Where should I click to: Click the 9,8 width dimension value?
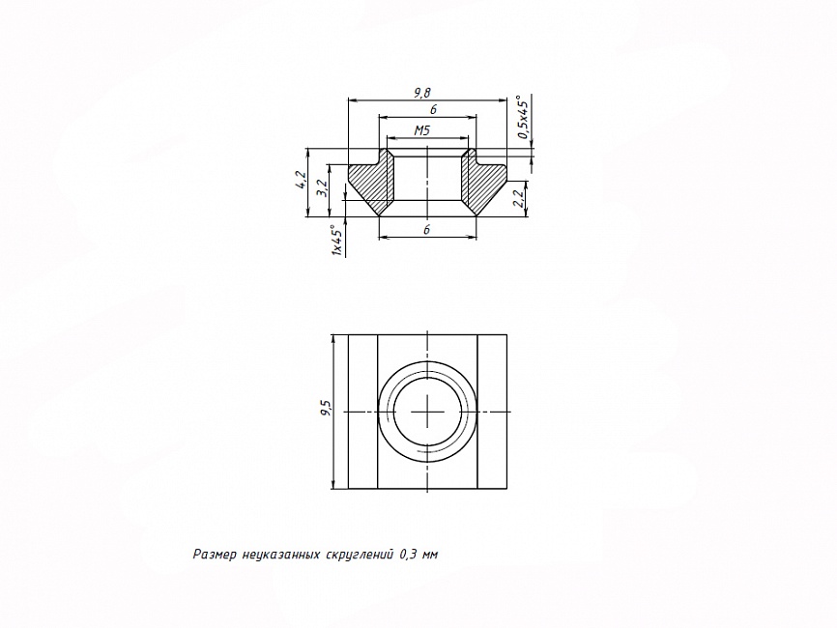point(421,93)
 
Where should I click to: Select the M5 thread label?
point(421,130)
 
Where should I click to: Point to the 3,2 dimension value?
point(322,188)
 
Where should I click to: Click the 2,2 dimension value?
point(517,198)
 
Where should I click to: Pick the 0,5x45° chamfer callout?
point(523,117)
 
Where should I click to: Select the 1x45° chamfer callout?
point(336,241)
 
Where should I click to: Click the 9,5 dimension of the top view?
point(326,409)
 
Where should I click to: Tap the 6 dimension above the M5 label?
point(433,109)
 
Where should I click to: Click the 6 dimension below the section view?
point(426,230)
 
